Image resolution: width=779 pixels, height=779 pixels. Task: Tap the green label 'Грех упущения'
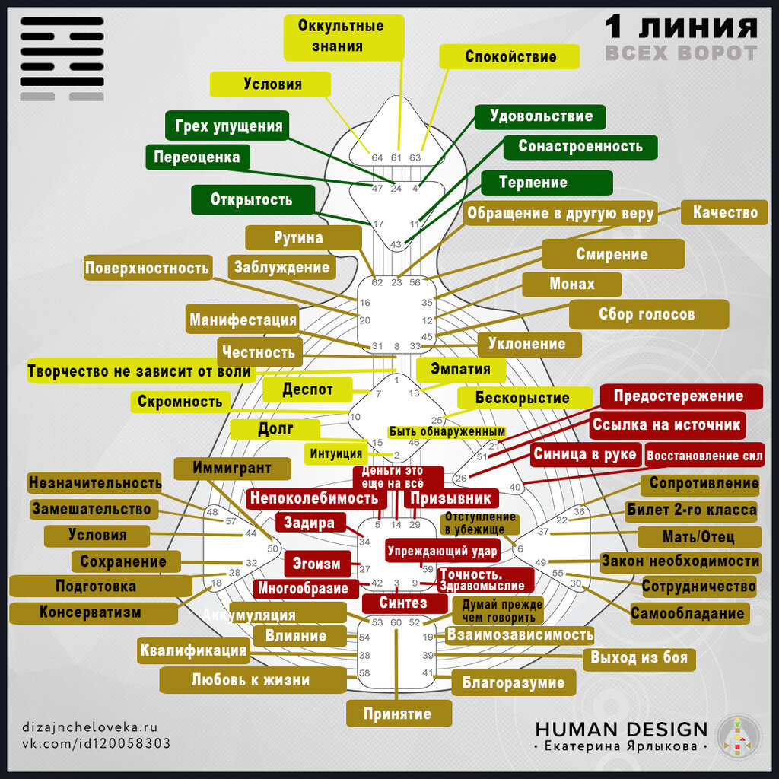[228, 126]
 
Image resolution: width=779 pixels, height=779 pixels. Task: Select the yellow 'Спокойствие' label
[510, 57]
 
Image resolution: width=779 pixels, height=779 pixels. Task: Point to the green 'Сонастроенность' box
[580, 146]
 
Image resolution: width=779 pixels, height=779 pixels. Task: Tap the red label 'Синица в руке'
[584, 455]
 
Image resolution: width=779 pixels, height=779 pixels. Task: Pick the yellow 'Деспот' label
[307, 389]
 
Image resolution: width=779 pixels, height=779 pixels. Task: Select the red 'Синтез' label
[403, 603]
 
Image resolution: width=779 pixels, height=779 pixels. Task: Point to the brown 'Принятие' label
[397, 714]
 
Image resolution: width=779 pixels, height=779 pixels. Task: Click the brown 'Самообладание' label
[687, 613]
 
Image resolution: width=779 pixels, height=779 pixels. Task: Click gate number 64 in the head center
[377, 157]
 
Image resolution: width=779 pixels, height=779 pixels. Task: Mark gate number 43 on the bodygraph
[396, 244]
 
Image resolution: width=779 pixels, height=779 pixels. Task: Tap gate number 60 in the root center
[396, 622]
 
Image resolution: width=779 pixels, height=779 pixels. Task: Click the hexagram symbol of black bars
[62, 59]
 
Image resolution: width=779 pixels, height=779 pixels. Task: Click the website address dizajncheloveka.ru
[90, 727]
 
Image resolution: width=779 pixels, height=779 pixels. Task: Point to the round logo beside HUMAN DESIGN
[739, 736]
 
